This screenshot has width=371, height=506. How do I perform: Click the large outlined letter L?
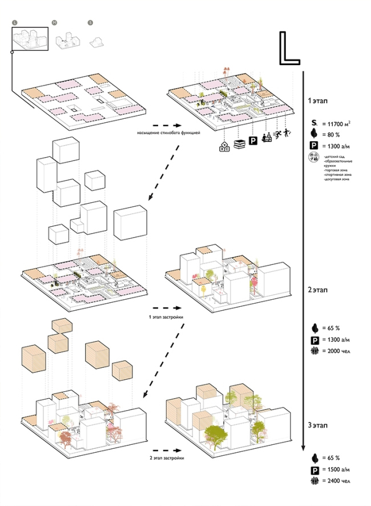click(x=289, y=48)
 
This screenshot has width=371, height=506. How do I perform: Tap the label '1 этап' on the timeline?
click(x=317, y=100)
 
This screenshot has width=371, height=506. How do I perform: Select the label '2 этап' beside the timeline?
click(x=317, y=290)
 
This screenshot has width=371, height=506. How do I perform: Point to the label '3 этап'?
click(x=317, y=425)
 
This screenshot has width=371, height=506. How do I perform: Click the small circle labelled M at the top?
click(x=54, y=22)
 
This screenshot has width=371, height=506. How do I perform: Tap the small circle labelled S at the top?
click(x=90, y=22)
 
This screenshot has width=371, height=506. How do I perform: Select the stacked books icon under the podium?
click(x=240, y=144)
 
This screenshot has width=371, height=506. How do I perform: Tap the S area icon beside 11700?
click(x=313, y=123)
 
